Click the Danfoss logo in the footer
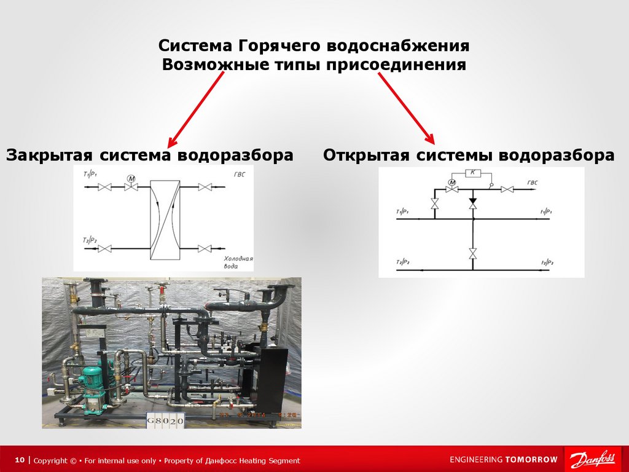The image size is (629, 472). (593, 460)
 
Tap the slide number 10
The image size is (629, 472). (20, 460)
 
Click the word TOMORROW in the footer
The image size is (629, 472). (531, 460)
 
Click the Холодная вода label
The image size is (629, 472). (238, 263)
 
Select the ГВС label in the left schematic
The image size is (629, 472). (239, 175)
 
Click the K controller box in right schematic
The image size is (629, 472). (472, 173)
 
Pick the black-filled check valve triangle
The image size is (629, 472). (473, 201)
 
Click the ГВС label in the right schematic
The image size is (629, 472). (533, 183)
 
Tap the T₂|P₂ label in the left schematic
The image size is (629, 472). (90, 240)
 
